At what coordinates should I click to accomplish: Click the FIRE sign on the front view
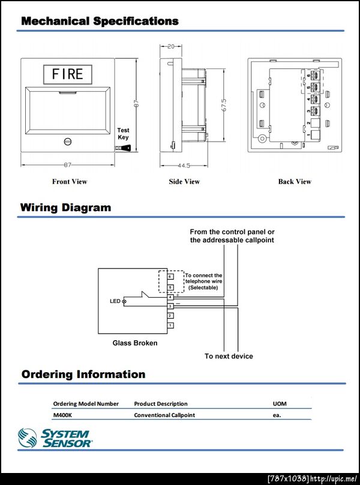(x=67, y=74)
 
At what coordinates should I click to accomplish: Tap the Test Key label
(x=123, y=133)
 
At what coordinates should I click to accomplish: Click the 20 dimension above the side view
(x=171, y=46)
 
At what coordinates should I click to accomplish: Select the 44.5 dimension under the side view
(x=184, y=166)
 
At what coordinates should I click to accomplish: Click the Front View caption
(x=70, y=181)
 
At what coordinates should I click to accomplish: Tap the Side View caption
(x=184, y=181)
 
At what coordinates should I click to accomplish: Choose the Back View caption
(x=295, y=181)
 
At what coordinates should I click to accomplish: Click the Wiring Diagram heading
(x=65, y=208)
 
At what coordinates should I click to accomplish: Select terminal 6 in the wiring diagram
(x=170, y=277)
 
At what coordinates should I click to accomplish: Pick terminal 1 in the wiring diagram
(x=170, y=325)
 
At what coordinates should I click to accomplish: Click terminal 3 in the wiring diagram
(x=170, y=307)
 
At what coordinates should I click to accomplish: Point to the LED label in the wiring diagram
(x=115, y=301)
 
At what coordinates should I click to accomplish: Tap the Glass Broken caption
(x=135, y=343)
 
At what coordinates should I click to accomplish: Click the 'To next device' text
(x=229, y=356)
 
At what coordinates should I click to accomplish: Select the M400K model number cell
(x=63, y=415)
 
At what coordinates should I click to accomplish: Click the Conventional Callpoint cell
(x=164, y=415)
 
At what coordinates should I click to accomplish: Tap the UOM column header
(x=280, y=403)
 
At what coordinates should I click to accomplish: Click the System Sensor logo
(x=55, y=438)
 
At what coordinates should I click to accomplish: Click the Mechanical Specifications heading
(x=100, y=21)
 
